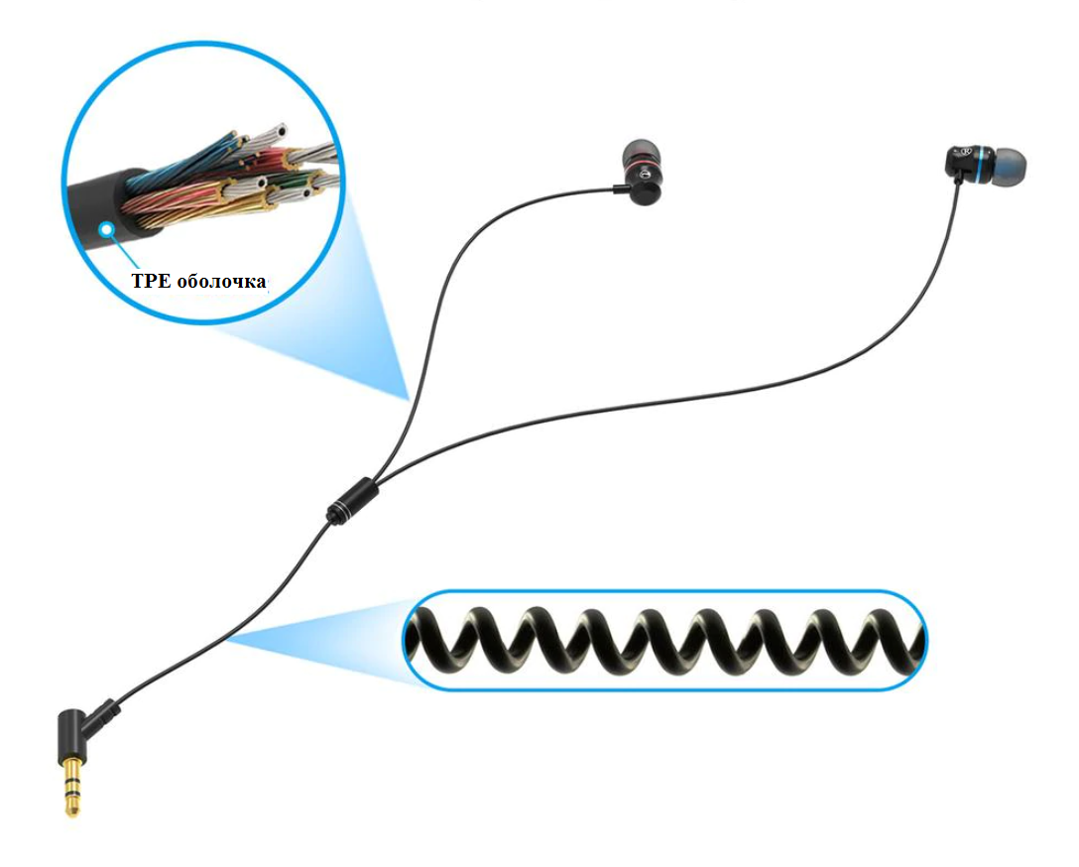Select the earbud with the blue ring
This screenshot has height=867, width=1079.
tap(982, 165)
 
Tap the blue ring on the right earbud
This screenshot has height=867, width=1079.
tap(980, 165)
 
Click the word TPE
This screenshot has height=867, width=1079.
tap(151, 281)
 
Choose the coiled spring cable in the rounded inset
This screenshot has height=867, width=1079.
tap(664, 640)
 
